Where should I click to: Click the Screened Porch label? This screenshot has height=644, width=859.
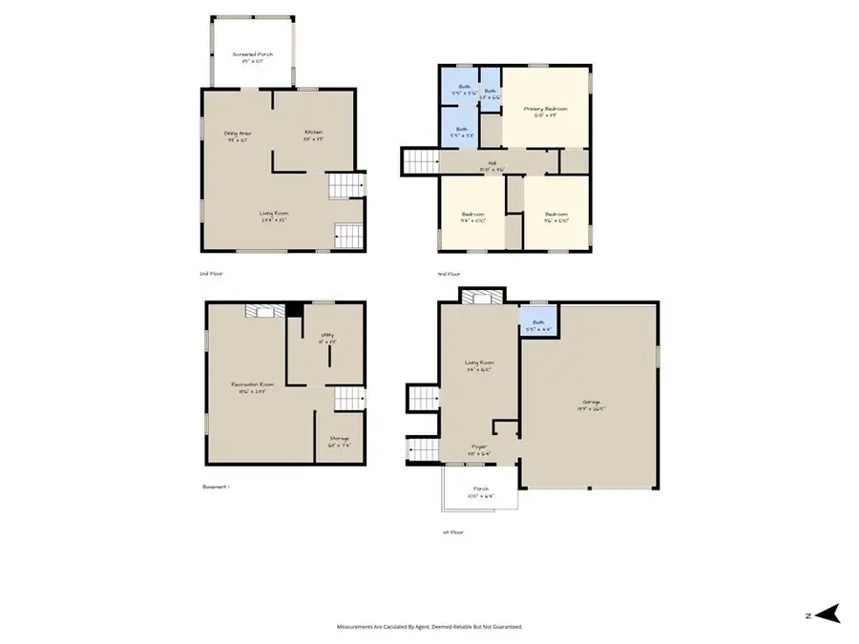(252, 58)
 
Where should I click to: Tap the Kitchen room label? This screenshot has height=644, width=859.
(313, 135)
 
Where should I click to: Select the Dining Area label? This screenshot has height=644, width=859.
(237, 135)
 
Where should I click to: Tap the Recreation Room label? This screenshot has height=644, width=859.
(247, 389)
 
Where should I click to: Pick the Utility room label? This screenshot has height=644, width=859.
(325, 338)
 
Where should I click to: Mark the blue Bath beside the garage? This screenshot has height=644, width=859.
(538, 325)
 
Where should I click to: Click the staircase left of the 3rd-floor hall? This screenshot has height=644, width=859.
(418, 162)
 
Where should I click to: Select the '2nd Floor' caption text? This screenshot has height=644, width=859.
(210, 274)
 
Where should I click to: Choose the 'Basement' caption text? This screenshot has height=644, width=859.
(216, 487)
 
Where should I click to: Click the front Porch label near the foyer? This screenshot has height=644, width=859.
(477, 492)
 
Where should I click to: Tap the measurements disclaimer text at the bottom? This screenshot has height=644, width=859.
(429, 627)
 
